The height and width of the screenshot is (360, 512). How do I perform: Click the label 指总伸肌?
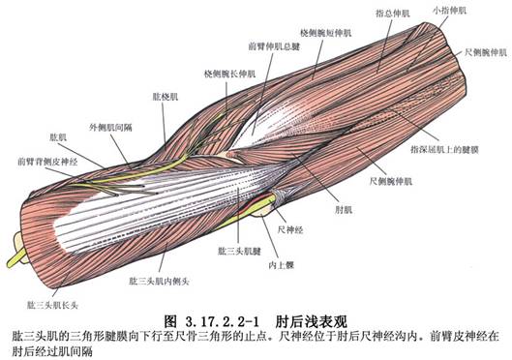tap(393, 14)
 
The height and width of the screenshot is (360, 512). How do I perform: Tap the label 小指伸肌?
tap(449, 11)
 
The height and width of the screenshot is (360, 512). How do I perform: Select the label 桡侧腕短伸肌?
tap(325, 33)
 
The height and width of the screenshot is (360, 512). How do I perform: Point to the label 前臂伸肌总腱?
tap(274, 46)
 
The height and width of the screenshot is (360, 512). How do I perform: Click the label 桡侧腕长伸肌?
tap(229, 74)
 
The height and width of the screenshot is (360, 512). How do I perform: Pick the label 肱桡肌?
tap(166, 97)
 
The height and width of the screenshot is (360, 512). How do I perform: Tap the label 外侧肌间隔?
tap(110, 128)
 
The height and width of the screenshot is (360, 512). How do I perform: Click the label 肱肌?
tap(58, 137)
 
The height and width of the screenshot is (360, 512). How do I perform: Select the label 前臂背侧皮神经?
tap(47, 162)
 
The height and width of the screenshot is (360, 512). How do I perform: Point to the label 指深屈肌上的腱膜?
tap(445, 149)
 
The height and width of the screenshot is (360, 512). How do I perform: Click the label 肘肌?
tap(344, 210)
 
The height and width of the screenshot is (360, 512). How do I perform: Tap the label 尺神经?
tap(290, 229)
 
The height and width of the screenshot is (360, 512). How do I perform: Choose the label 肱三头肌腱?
tap(239, 251)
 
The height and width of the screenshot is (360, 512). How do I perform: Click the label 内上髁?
tap(281, 265)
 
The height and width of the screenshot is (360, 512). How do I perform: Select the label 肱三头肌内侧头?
tap(159, 281)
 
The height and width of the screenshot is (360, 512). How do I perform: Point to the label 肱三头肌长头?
tap(52, 306)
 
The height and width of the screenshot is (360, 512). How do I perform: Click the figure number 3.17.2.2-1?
tap(222, 322)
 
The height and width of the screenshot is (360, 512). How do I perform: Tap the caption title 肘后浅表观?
tap(312, 322)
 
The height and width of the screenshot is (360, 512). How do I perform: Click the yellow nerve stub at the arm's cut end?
tap(16, 256)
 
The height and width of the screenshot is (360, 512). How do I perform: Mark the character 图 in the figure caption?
tap(170, 322)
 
